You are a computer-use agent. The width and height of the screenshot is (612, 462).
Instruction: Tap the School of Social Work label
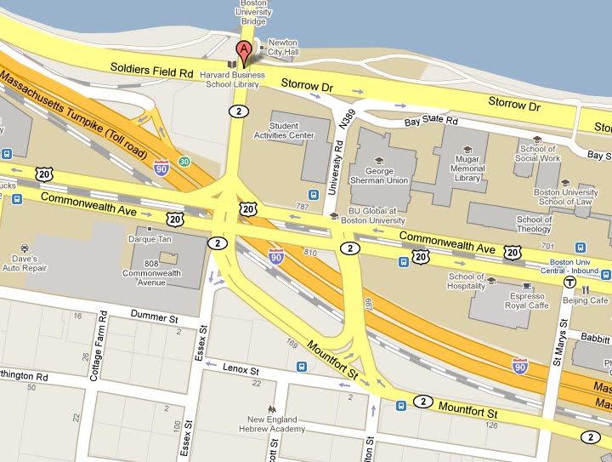click(x=538, y=153)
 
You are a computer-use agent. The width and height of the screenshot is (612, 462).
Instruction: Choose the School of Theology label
click(x=534, y=224)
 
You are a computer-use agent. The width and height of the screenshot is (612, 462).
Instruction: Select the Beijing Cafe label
click(x=587, y=300)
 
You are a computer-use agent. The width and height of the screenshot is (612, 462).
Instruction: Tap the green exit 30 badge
click(x=184, y=162)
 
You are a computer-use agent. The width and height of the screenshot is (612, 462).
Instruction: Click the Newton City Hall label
click(x=282, y=48)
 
